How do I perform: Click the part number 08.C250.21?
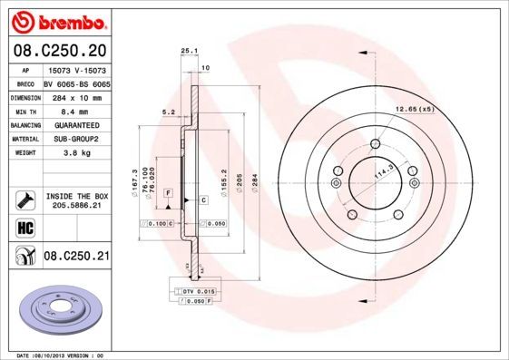coord(76,257)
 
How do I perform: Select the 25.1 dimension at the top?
coord(189,52)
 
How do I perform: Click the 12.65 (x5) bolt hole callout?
coord(415,109)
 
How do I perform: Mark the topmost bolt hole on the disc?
coord(375,143)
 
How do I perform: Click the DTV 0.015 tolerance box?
coord(192,290)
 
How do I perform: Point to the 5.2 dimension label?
coord(168,112)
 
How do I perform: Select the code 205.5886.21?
coord(76,206)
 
